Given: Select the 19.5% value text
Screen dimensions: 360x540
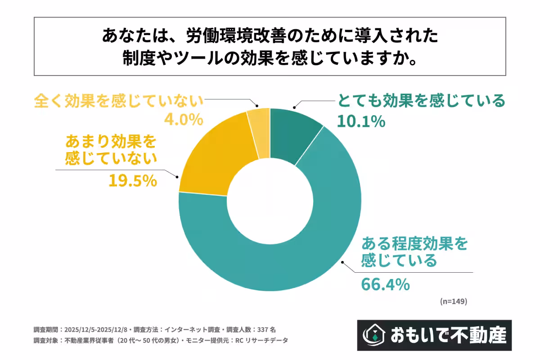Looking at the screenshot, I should (x=132, y=180).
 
